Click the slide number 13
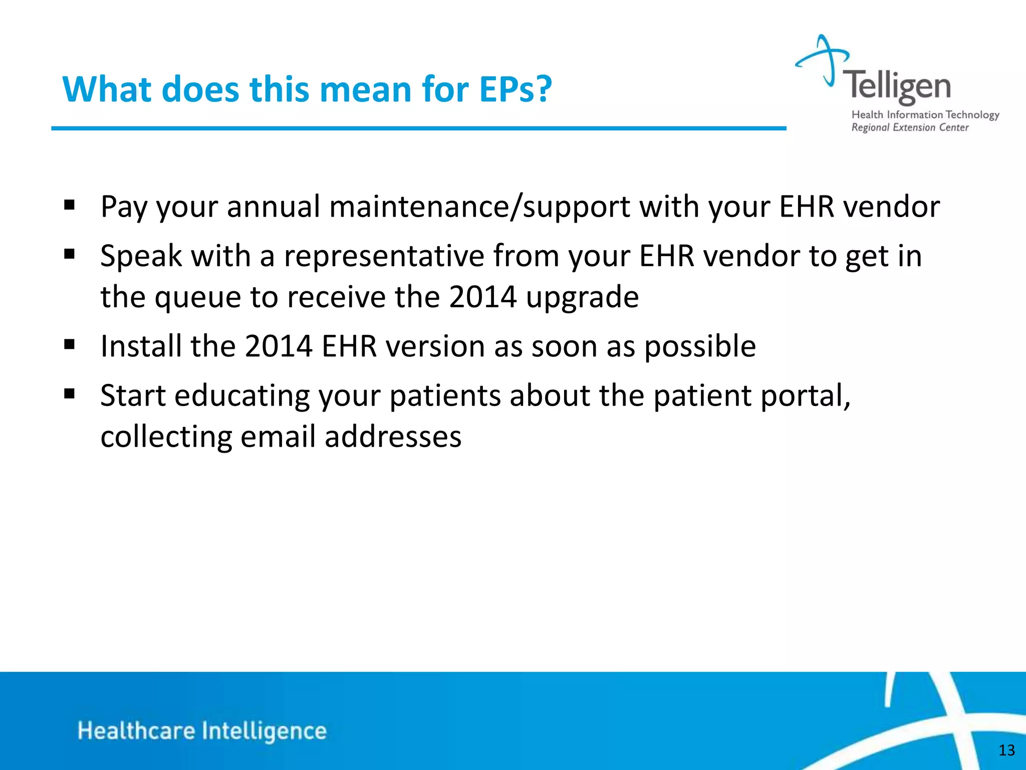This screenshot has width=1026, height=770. [1006, 750]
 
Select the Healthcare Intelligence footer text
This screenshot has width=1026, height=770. [202, 731]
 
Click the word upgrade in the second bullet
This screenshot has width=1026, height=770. [582, 298]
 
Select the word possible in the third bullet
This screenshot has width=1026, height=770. [699, 347]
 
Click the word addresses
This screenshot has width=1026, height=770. [393, 437]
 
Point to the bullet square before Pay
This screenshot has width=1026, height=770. [70, 205]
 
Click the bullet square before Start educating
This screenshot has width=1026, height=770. [70, 394]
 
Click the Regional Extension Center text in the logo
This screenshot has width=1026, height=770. [910, 128]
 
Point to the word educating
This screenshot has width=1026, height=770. [242, 396]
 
